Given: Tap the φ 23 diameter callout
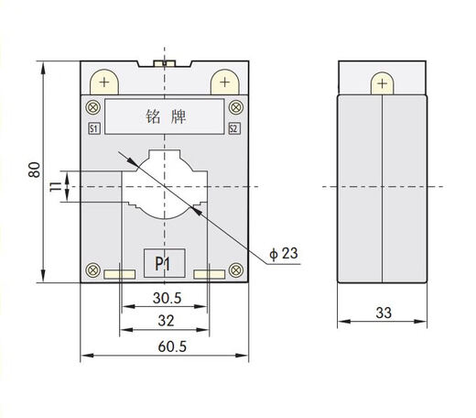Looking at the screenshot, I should click(x=285, y=252).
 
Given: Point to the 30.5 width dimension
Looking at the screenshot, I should click(x=165, y=298).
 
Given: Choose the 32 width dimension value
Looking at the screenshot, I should click(x=165, y=321).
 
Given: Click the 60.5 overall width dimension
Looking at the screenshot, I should click(x=165, y=346).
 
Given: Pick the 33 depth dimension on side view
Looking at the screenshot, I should click(x=383, y=313).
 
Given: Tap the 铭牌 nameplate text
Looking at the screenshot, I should click(x=164, y=116).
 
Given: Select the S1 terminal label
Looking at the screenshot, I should click(x=93, y=128).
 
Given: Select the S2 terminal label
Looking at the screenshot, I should click(x=233, y=128).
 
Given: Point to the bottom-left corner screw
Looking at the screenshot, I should click(x=92, y=270).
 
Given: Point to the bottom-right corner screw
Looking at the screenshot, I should click(x=234, y=270).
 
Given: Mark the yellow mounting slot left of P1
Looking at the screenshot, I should click(x=117, y=273).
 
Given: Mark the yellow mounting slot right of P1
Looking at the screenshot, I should click(x=210, y=273).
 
